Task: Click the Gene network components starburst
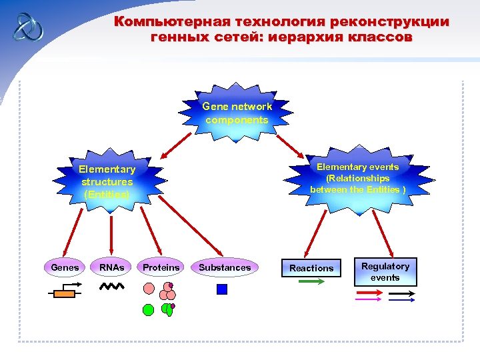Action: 237,114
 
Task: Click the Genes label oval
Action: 65,267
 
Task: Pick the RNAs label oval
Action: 111,267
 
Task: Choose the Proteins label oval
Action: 161,267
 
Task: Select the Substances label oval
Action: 225,267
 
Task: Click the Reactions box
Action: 311,268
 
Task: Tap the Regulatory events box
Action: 385,272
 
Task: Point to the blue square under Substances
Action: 222,289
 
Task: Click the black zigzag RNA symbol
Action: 111,287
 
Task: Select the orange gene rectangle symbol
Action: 64,293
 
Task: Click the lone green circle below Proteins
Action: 148,309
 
